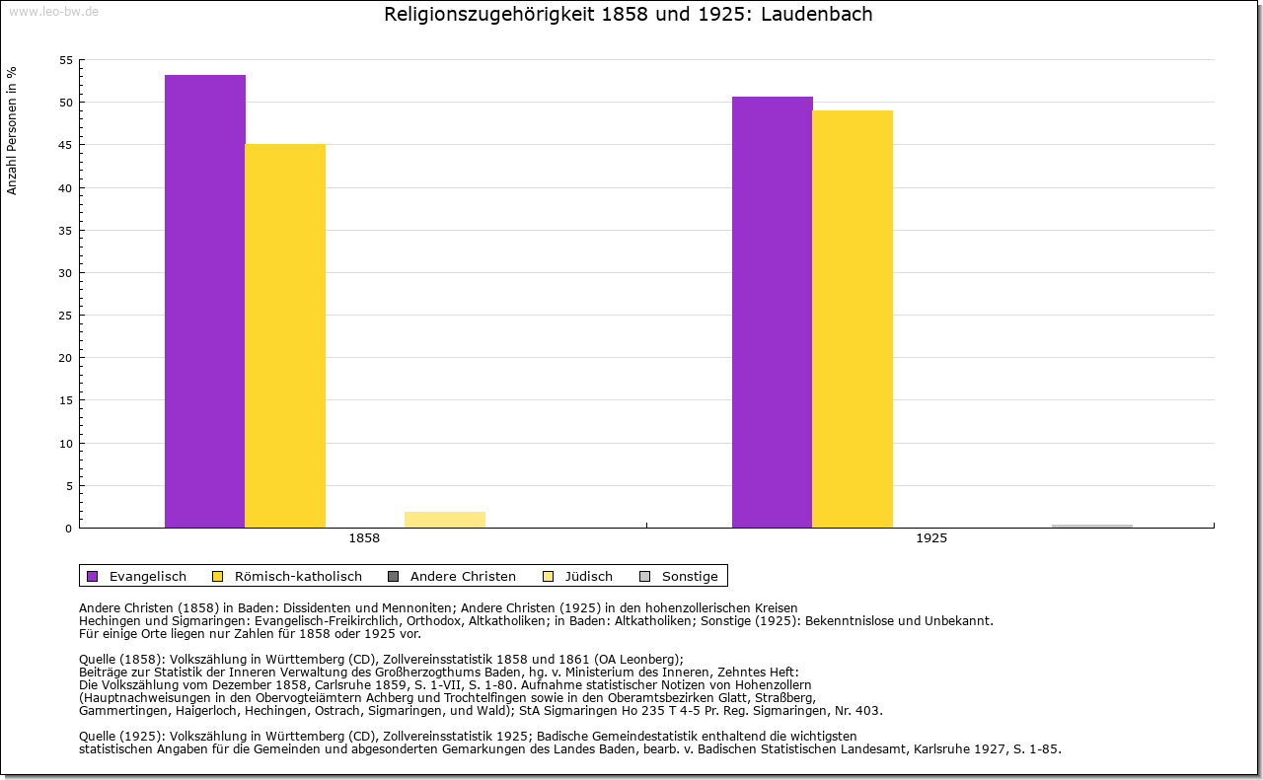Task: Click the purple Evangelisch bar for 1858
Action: coord(205,301)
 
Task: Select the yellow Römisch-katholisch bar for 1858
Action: coord(285,335)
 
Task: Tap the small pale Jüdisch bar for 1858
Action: coord(445,520)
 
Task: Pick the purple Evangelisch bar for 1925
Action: coord(773,312)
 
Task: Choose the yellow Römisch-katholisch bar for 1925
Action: coord(853,319)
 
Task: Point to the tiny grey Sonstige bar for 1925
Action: coord(1092,526)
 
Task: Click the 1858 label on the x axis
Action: coord(364,539)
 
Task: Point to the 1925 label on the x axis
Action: coord(931,539)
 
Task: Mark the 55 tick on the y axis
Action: coord(66,60)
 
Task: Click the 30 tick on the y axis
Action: coord(66,273)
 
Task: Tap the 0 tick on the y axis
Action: coord(69,529)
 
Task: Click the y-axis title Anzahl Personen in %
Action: coord(12,130)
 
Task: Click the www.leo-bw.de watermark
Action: coord(53,11)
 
